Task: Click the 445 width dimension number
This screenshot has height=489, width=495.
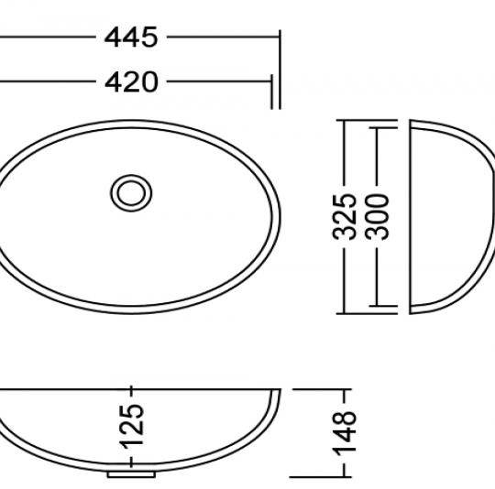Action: click(x=131, y=38)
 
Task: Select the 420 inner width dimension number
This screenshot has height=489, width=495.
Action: click(x=131, y=81)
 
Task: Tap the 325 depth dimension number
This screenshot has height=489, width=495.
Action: click(x=345, y=216)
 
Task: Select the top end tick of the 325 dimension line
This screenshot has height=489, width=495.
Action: click(x=345, y=119)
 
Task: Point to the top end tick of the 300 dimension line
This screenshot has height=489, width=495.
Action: click(x=378, y=129)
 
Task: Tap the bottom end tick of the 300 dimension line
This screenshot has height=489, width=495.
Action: click(x=378, y=305)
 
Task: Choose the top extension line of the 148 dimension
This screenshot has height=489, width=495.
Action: click(x=312, y=389)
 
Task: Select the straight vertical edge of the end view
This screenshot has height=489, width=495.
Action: click(x=408, y=216)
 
